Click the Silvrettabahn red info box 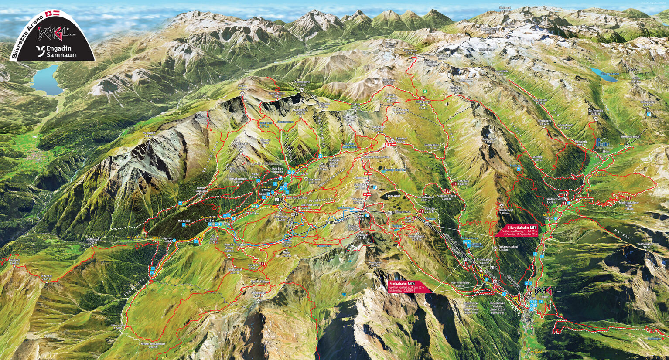coord(516,231)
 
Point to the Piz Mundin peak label coord(148,134)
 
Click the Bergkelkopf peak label coord(490,140)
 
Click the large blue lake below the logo coord(47,79)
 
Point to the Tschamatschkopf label coord(508,248)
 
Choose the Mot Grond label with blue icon coord(184,222)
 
